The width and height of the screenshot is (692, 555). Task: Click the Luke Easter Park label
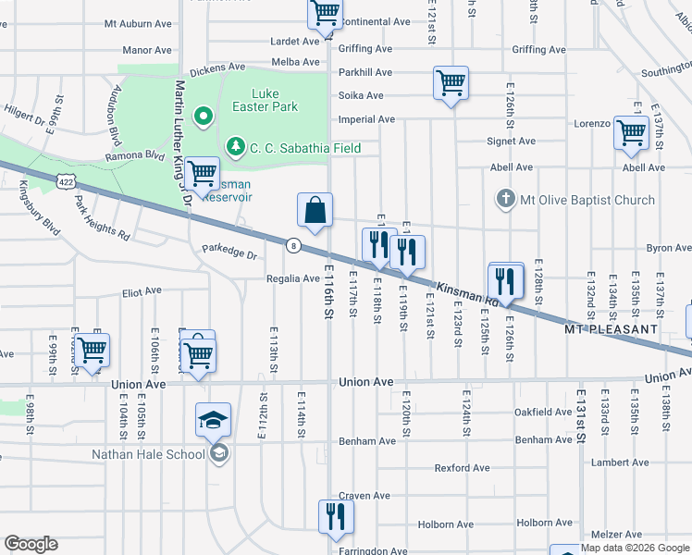276,100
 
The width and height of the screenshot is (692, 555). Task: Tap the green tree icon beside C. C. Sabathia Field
236,147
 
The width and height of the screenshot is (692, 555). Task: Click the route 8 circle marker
293,245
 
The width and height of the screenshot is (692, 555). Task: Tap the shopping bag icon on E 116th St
315,210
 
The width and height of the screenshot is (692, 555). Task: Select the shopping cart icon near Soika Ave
451,83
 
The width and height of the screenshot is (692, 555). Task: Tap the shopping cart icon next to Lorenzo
631,132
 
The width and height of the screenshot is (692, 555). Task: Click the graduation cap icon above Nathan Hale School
214,419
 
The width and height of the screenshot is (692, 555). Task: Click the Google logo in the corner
31,544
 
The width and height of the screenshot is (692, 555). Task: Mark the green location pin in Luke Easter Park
202,117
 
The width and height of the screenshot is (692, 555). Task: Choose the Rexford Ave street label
462,468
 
